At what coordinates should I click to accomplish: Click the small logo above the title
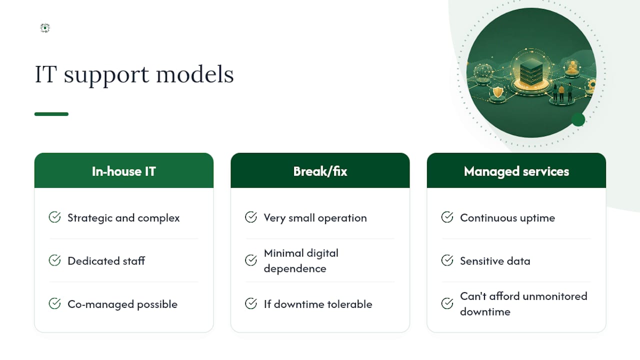[x=45, y=27]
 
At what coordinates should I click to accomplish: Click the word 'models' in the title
[x=195, y=74]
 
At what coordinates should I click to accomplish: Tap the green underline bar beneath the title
[x=51, y=114]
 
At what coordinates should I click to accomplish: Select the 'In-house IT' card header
[x=124, y=170]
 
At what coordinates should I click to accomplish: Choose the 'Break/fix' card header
[x=320, y=170]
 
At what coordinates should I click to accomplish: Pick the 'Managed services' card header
[x=516, y=170]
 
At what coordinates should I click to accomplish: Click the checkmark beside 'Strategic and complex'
[x=54, y=217]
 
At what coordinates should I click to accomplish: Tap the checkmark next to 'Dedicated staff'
[x=54, y=260]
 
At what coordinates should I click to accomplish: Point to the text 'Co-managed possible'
[x=122, y=304]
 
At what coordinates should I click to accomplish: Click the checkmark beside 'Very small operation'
[x=251, y=217]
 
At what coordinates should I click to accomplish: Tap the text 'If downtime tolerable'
[x=318, y=304]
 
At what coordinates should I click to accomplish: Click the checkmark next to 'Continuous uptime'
[x=447, y=217]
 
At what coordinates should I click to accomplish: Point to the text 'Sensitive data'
[x=495, y=261]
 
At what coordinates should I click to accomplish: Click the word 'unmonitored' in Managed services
[x=555, y=296]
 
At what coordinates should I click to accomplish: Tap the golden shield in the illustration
[x=498, y=92]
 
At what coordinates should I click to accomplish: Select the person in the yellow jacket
[x=561, y=92]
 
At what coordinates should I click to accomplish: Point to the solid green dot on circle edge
[x=578, y=119]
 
